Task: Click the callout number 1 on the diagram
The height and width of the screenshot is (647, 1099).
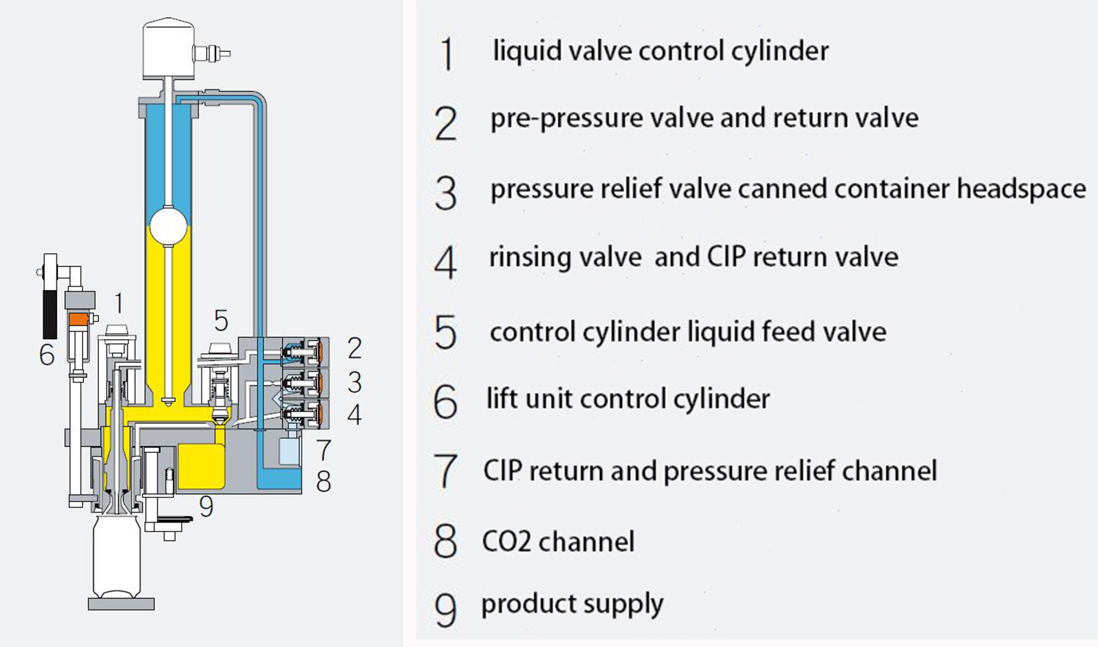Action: click(x=119, y=303)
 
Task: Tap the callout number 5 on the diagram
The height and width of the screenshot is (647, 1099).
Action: click(x=221, y=320)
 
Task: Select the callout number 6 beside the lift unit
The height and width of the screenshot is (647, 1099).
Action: click(x=47, y=355)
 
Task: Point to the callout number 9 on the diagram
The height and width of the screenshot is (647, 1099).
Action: click(x=207, y=506)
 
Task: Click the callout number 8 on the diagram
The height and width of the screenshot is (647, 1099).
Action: click(x=323, y=481)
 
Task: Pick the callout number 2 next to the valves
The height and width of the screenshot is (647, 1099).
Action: click(x=355, y=348)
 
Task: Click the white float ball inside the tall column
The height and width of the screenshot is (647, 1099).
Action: click(x=168, y=228)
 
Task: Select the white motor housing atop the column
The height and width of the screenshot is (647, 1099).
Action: click(x=168, y=48)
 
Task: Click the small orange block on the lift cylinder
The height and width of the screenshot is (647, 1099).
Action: click(x=78, y=319)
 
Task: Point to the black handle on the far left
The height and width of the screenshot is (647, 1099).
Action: click(x=50, y=315)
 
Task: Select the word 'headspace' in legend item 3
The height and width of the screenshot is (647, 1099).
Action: click(x=1021, y=189)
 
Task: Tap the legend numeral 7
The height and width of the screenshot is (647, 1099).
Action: click(x=445, y=471)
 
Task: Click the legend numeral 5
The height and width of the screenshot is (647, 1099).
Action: click(x=445, y=332)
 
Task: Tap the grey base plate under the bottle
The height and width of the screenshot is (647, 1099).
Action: click(x=121, y=604)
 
